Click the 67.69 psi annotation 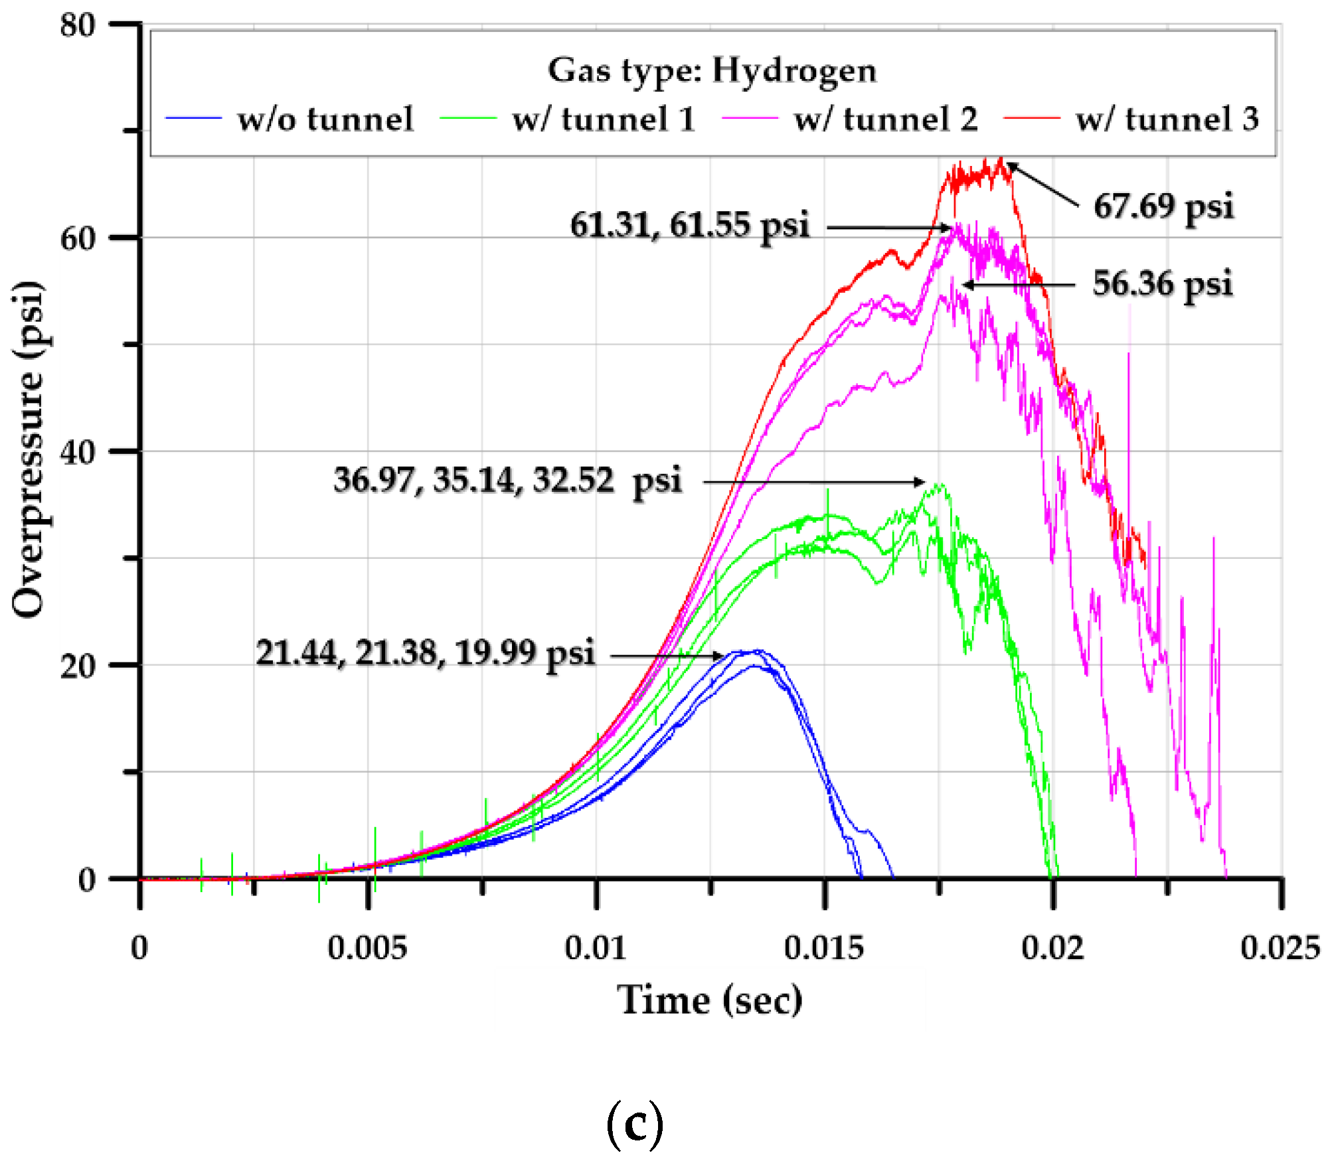click(1163, 206)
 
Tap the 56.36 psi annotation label click(1163, 283)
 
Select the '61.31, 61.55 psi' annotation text click(690, 225)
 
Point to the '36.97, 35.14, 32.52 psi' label click(507, 480)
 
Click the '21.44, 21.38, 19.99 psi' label click(425, 653)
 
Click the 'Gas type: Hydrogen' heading click(712, 70)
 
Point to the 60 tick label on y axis click(78, 238)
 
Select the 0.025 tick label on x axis click(1280, 948)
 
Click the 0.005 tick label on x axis click(367, 948)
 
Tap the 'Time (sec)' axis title click(710, 1000)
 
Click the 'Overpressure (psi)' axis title click(29, 450)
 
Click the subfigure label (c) click(635, 1123)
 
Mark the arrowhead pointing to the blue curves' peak click(720, 656)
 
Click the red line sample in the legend click(1031, 118)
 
